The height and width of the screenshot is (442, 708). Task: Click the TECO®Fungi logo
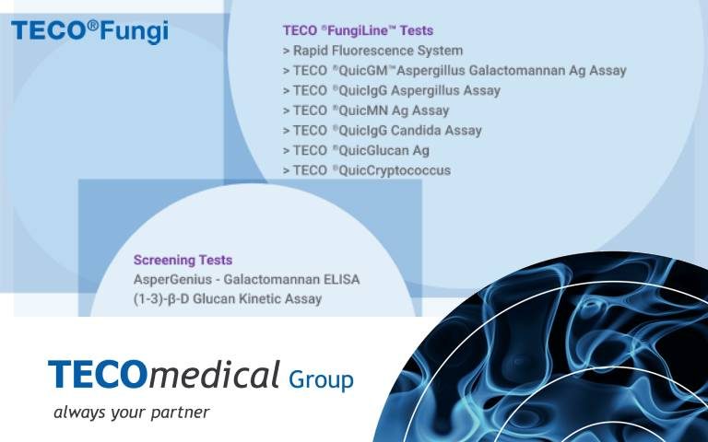click(x=89, y=31)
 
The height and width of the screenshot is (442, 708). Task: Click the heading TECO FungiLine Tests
click(x=358, y=30)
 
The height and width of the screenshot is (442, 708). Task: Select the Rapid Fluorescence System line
click(x=372, y=51)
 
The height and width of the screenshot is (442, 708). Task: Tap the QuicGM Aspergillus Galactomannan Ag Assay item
click(x=454, y=71)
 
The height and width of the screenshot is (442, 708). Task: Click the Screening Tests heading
click(x=183, y=260)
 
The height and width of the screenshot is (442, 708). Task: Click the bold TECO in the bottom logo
click(x=96, y=376)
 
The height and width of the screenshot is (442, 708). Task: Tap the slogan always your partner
click(x=131, y=412)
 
